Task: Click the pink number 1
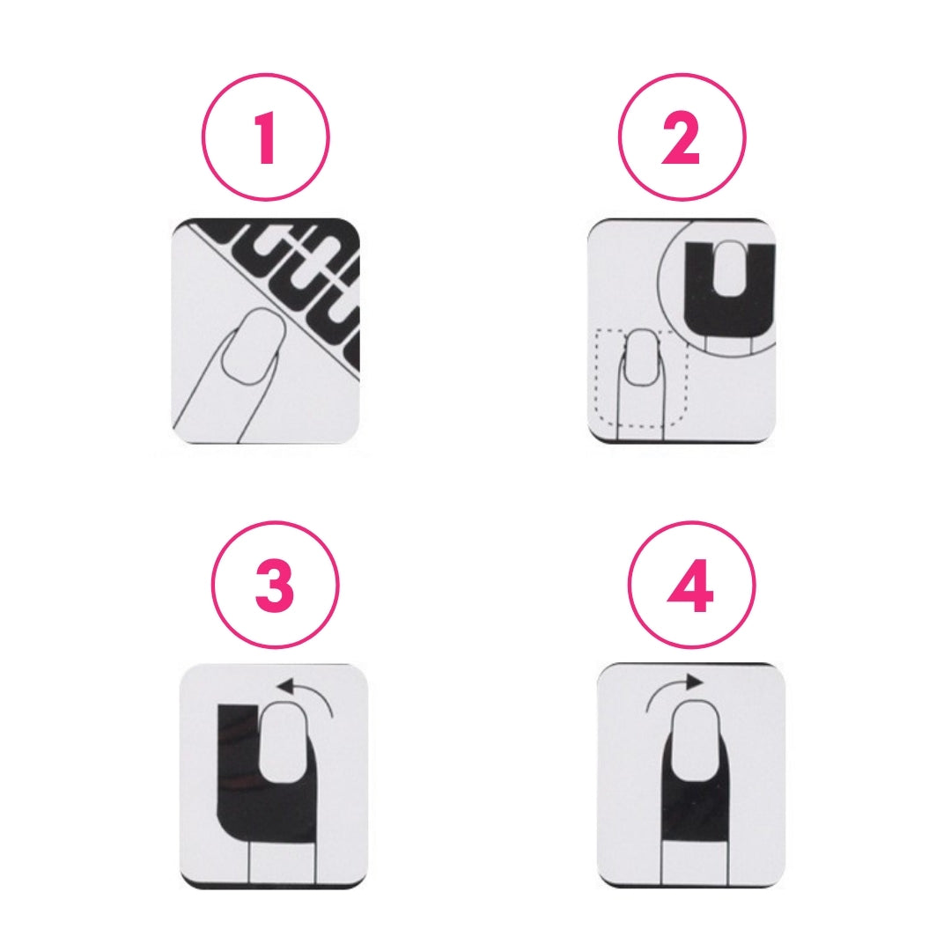(266, 139)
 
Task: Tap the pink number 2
(681, 139)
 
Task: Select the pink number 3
(275, 586)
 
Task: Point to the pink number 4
(690, 586)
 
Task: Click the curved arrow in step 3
(315, 691)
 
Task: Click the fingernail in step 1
(254, 346)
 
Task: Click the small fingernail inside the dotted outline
(642, 358)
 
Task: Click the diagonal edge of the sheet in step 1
(273, 298)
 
